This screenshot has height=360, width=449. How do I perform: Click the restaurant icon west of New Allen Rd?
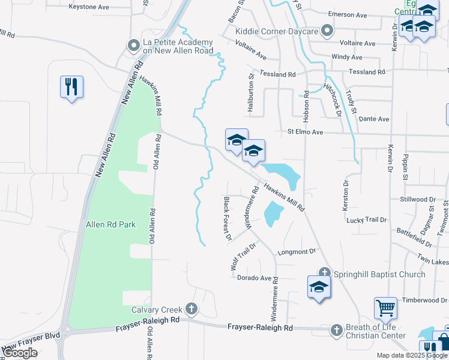tap(71, 86)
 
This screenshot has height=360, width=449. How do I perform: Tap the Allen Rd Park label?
tap(111, 224)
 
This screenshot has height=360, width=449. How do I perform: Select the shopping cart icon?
tap(385, 308)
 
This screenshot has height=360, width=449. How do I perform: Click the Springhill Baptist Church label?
tap(379, 274)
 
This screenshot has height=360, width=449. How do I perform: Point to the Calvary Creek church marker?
tap(191, 310)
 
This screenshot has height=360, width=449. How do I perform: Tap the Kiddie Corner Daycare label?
tap(277, 31)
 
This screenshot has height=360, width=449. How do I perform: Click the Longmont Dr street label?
tap(297, 253)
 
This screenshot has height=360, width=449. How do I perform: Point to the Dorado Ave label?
tap(255, 278)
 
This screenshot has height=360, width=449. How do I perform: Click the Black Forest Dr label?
tap(228, 219)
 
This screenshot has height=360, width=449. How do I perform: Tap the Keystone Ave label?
tap(89, 7)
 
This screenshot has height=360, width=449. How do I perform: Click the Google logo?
tap(20, 353)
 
